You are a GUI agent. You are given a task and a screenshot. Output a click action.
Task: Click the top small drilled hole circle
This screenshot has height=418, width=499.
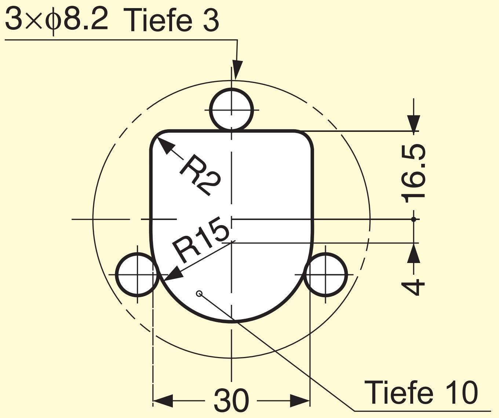(231, 109)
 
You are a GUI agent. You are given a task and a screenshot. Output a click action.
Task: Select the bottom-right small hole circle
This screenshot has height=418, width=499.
(325, 274)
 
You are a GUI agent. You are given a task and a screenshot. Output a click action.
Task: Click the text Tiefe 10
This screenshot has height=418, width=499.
(421, 393)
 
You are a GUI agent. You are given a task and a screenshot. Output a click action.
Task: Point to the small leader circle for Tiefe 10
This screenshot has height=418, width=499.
(199, 293)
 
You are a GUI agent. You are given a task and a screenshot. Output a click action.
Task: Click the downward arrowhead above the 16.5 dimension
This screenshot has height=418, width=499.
(414, 123)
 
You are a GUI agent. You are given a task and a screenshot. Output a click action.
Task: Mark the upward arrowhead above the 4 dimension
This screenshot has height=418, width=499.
(414, 252)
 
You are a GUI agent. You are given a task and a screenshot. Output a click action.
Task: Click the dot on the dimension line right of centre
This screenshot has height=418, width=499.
(414, 219)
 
